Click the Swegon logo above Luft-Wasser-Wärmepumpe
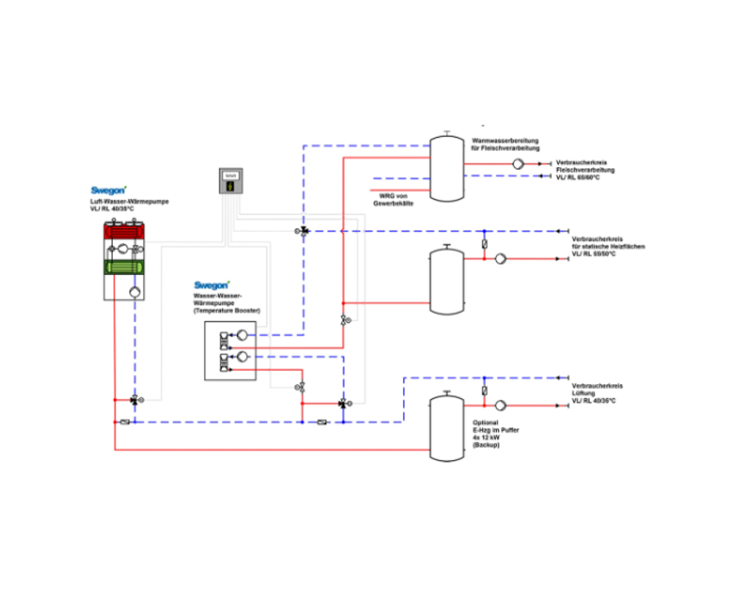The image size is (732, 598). tap(109, 190)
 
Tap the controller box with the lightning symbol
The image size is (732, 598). tap(230, 182)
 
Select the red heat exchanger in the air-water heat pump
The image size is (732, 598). tap(127, 230)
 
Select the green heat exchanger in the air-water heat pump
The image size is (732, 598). tap(127, 268)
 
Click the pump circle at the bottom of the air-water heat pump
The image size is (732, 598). tap(135, 291)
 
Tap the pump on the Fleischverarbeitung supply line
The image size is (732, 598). tap(519, 163)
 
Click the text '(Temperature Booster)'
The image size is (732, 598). tap(227, 309)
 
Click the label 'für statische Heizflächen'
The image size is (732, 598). tap(608, 246)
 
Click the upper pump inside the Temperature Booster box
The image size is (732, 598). tap(243, 335)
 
